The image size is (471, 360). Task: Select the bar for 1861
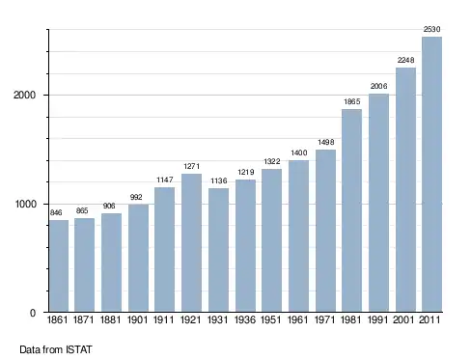click(x=59, y=266)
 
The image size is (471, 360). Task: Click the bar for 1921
click(x=191, y=243)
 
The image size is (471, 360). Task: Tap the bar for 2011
click(x=431, y=175)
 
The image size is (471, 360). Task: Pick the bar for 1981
click(x=351, y=210)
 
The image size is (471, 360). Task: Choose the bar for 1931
click(x=218, y=250)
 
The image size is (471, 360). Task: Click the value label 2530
click(x=431, y=29)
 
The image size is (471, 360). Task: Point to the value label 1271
click(x=192, y=166)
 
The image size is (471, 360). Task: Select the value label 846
click(x=56, y=212)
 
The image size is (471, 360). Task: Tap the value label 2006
click(x=378, y=86)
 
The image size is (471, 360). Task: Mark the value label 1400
click(x=299, y=152)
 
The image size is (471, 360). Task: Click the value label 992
click(x=136, y=197)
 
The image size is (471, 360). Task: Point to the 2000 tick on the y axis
click(x=24, y=96)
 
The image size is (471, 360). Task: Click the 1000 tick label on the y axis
click(x=25, y=205)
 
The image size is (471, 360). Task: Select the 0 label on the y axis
click(x=33, y=313)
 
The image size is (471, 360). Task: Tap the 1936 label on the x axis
click(x=245, y=319)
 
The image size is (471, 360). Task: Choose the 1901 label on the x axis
click(x=137, y=319)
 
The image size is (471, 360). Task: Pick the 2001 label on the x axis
click(x=405, y=319)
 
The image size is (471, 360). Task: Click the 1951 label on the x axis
click(x=271, y=319)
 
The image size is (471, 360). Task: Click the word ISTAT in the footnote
click(x=79, y=349)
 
